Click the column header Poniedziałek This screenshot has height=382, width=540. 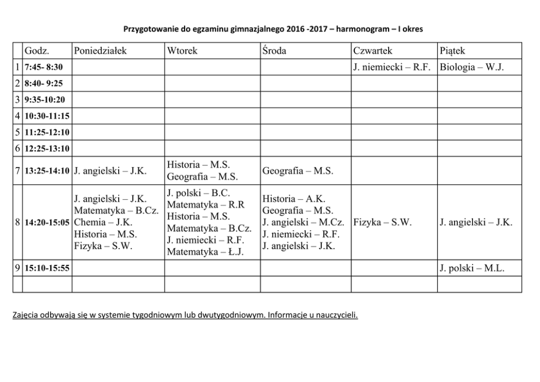tap(100, 51)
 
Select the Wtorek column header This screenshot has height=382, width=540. tap(182, 51)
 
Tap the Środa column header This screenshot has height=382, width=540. tap(274, 51)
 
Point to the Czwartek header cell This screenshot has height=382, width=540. tap(372, 51)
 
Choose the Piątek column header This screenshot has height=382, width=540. tap(452, 51)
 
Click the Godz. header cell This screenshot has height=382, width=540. tap(37, 51)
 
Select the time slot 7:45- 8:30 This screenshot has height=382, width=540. tap(44, 67)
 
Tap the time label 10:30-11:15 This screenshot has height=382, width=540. tap(47, 116)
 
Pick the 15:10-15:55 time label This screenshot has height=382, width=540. tap(47, 268)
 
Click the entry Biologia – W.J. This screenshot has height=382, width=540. tap(472, 67)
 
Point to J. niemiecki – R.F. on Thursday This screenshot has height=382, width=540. tap(392, 67)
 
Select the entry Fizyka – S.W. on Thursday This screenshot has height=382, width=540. tap(382, 223)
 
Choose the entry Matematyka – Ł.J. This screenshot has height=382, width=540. tap(206, 252)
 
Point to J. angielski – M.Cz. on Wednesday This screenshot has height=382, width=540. tap(303, 223)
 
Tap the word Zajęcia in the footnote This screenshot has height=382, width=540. tap(27, 315)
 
